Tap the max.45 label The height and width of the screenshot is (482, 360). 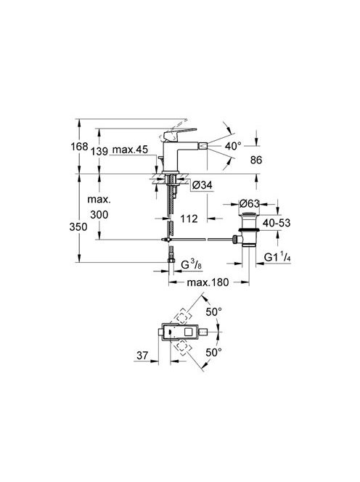pyautogui.click(x=131, y=150)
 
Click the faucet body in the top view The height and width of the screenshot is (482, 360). pyautogui.click(x=181, y=335)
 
